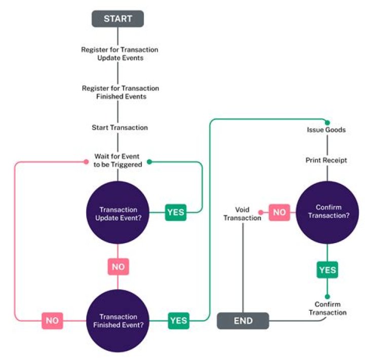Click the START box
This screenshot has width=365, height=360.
pyautogui.click(x=118, y=19)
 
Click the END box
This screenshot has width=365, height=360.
pyautogui.click(x=243, y=321)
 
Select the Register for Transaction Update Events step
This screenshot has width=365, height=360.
pyautogui.click(x=120, y=54)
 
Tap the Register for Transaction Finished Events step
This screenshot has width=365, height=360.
pyautogui.click(x=120, y=92)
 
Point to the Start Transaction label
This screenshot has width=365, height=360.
pyautogui.click(x=120, y=127)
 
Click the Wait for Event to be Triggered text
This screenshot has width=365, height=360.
pyautogui.click(x=118, y=161)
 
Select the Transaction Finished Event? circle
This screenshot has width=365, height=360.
pyautogui.click(x=118, y=321)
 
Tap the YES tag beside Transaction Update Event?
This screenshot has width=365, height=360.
pyautogui.click(x=176, y=212)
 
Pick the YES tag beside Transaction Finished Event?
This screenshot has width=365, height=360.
pyautogui.click(x=178, y=320)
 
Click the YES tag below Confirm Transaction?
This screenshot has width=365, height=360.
pyautogui.click(x=327, y=270)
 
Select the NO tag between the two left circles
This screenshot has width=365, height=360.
pyautogui.click(x=118, y=266)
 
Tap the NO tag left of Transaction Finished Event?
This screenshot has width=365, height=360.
pyautogui.click(x=52, y=320)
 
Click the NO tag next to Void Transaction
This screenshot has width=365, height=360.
pyautogui.click(x=279, y=212)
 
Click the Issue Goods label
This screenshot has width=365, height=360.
pyautogui.click(x=326, y=130)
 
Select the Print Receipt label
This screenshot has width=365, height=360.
pyautogui.click(x=326, y=161)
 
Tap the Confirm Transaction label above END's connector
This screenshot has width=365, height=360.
pyautogui.click(x=327, y=308)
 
